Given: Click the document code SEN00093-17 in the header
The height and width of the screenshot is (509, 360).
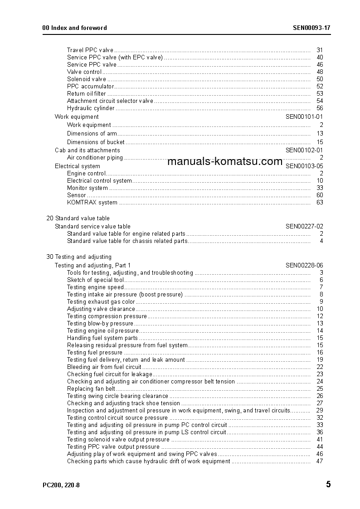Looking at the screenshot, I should click(311, 28).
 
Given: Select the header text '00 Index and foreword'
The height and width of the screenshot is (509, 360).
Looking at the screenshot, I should click(74, 28).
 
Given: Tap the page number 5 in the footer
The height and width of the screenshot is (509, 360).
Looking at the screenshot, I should click(328, 485).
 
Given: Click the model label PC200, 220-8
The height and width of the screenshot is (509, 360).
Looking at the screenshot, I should click(61, 485).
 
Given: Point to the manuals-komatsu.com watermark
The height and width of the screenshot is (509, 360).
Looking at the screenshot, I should click(225, 161).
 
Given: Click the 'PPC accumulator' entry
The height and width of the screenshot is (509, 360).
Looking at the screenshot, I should click(90, 86).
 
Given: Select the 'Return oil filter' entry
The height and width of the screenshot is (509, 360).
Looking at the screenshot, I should click(87, 93).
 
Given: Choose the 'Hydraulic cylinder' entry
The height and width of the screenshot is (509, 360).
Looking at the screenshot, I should click(91, 108).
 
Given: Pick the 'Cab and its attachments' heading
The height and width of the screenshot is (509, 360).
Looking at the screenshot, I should click(88, 150).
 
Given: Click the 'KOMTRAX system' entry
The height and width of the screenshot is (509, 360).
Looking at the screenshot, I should click(92, 202).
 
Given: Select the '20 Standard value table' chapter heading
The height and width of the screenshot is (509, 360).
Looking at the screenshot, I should click(78, 218).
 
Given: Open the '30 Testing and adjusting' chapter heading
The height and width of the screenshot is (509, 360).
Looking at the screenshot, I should click(79, 257).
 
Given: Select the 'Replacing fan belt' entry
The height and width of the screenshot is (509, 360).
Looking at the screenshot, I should click(91, 388).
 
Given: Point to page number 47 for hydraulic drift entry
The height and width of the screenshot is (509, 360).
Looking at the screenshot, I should click(320, 461).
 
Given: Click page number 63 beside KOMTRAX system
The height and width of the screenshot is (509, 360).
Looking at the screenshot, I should click(320, 202).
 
